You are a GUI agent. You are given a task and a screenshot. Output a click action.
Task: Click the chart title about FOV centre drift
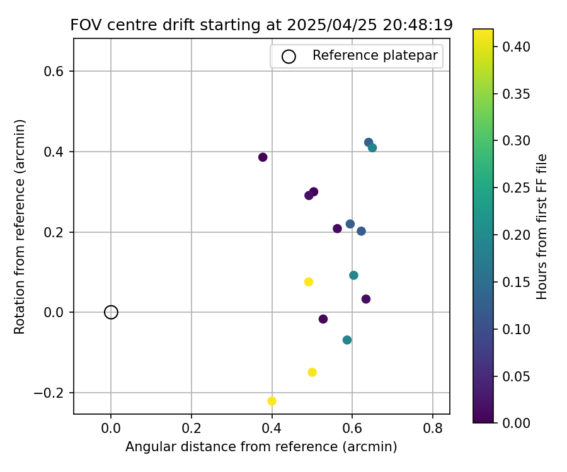[261, 25]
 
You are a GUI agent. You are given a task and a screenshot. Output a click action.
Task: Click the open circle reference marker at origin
[111, 312]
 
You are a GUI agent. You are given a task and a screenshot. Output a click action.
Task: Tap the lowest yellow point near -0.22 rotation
[272, 401]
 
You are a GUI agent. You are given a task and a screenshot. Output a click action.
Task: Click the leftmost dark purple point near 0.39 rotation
[263, 157]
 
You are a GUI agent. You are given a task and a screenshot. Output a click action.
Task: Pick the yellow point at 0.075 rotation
[309, 282]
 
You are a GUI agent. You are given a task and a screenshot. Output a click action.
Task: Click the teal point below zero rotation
[347, 340]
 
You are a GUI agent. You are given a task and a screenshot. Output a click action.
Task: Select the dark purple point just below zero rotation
[323, 319]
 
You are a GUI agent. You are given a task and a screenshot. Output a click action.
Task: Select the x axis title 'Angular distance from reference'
[261, 447]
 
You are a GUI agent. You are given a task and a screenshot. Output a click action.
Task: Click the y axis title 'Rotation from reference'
[20, 227]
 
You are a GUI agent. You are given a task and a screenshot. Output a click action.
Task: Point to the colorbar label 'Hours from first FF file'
[542, 227]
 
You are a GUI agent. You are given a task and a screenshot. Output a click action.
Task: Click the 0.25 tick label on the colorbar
[516, 188]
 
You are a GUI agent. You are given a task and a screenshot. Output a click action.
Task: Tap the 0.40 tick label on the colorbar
[516, 47]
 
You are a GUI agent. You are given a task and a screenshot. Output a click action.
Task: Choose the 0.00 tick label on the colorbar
[516, 423]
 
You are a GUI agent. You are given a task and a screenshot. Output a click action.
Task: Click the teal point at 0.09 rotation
[353, 275]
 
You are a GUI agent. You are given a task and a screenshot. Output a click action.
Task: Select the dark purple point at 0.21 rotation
[337, 228]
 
